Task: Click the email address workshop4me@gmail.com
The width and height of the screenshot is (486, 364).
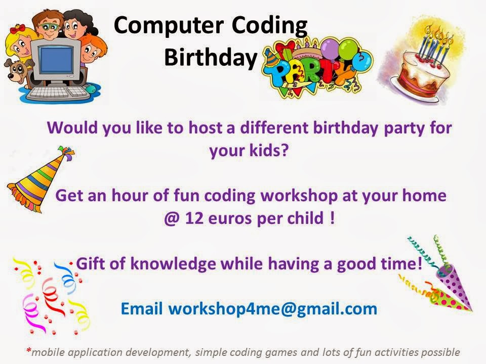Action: coord(272,308)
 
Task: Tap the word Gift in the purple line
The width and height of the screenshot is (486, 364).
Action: coord(90,263)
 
